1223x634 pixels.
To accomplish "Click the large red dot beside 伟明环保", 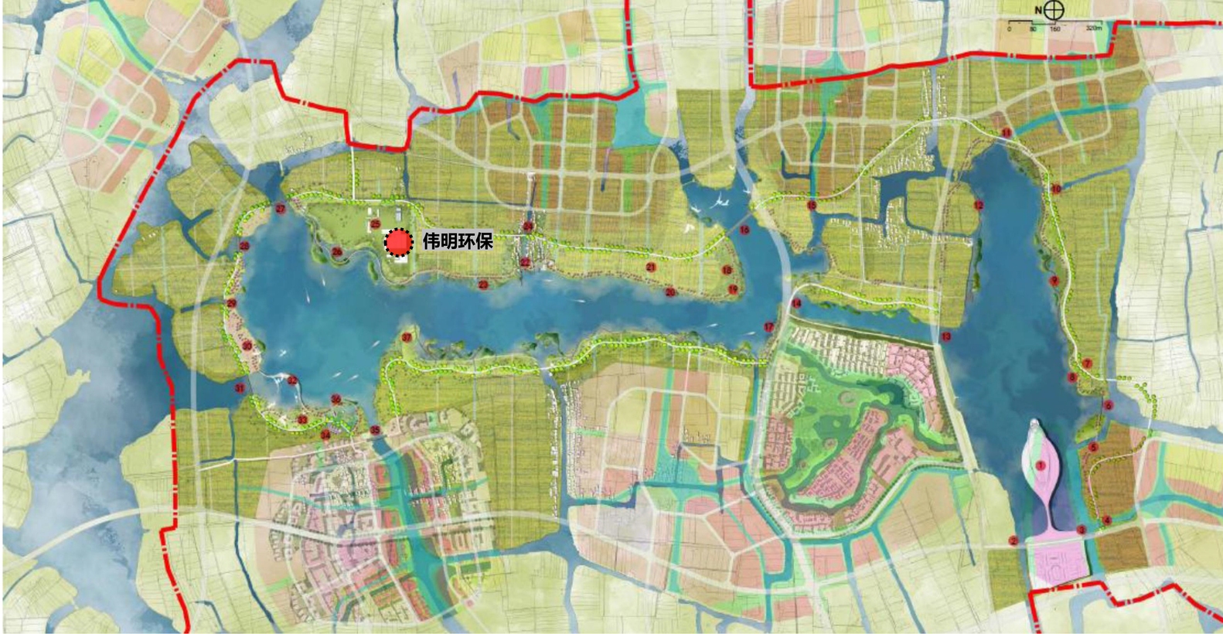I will [398, 243].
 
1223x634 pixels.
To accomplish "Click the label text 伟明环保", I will [458, 241].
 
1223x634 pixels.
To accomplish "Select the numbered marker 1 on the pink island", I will [1041, 465].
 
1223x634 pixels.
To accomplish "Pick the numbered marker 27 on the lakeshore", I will [280, 209].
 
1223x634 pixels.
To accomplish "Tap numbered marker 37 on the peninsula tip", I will [407, 337].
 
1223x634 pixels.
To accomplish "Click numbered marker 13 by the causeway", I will [946, 336].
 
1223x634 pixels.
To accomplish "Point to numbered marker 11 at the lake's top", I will [1006, 133].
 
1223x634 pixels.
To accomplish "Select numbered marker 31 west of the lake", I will [240, 388].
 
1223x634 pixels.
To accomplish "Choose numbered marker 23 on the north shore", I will [483, 285].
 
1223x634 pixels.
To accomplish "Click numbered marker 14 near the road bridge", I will [796, 303].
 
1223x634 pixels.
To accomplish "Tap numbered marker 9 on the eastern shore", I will [1054, 281].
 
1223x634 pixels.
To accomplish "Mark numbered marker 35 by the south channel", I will [375, 430].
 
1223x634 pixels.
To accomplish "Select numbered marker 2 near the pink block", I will [1013, 540].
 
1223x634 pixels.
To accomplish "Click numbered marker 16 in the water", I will [744, 230].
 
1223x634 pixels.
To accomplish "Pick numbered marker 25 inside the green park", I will [376, 224].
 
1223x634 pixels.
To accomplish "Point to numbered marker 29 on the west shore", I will [231, 303].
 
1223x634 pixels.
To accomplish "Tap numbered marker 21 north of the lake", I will [651, 268].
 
